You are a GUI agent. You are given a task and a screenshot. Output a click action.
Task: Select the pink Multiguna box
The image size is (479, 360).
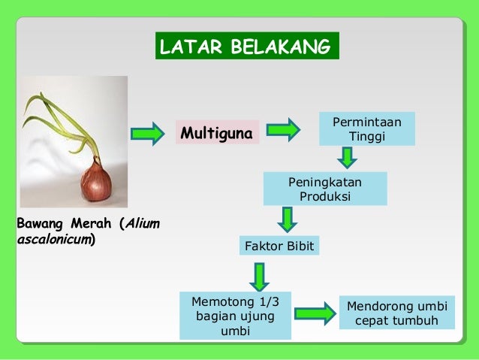click(x=216, y=133)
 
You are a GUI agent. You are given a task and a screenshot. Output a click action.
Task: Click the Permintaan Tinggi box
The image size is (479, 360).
click(x=366, y=129)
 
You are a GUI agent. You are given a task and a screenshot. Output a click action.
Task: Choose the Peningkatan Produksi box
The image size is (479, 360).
click(x=325, y=189)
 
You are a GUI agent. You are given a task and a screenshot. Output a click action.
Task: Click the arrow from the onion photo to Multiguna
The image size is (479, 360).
click(x=147, y=133)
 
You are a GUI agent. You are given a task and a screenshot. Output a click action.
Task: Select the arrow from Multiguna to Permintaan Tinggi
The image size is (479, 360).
click(x=284, y=131)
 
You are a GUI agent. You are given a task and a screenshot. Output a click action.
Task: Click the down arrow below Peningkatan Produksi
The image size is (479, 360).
click(x=288, y=220)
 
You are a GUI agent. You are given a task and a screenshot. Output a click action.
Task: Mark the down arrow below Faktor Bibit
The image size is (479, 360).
click(x=260, y=276)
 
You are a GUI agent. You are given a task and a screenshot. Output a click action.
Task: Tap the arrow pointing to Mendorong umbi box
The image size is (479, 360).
click(x=315, y=313)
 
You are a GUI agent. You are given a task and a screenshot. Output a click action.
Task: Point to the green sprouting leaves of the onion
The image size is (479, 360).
click(x=64, y=120)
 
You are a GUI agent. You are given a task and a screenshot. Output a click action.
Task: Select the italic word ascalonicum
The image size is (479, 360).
click(x=53, y=240)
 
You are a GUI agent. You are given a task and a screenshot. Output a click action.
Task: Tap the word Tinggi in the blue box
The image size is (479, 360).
click(x=366, y=136)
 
